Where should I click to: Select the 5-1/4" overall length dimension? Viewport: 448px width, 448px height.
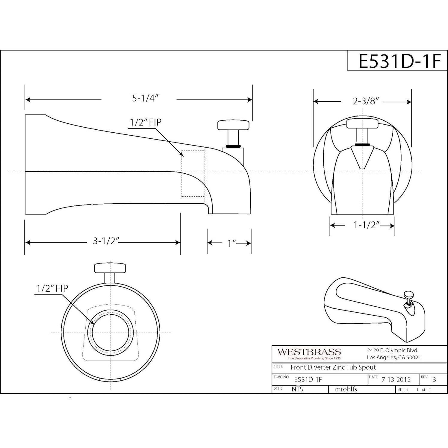[145, 98]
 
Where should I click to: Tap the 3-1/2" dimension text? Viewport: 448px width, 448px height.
[106, 241]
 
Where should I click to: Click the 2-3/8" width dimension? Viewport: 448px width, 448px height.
[366, 101]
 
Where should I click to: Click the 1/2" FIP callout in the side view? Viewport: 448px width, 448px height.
[146, 122]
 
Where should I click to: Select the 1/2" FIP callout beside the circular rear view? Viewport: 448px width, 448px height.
[52, 288]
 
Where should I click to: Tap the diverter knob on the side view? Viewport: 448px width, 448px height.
[233, 125]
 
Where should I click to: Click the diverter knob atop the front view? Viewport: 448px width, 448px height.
[363, 123]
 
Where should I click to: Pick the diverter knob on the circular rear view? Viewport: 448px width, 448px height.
[110, 268]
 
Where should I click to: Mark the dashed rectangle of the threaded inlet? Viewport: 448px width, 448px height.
[193, 174]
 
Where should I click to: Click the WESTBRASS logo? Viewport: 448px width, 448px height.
[309, 352]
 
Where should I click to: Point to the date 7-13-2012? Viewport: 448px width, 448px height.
[396, 380]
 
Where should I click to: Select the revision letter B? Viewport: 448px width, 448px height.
[434, 379]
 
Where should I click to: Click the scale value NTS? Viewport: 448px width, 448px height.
[297, 389]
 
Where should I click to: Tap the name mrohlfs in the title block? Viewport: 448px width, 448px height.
[346, 389]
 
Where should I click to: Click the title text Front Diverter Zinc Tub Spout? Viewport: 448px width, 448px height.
[333, 367]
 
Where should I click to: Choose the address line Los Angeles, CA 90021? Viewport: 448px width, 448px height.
[394, 357]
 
